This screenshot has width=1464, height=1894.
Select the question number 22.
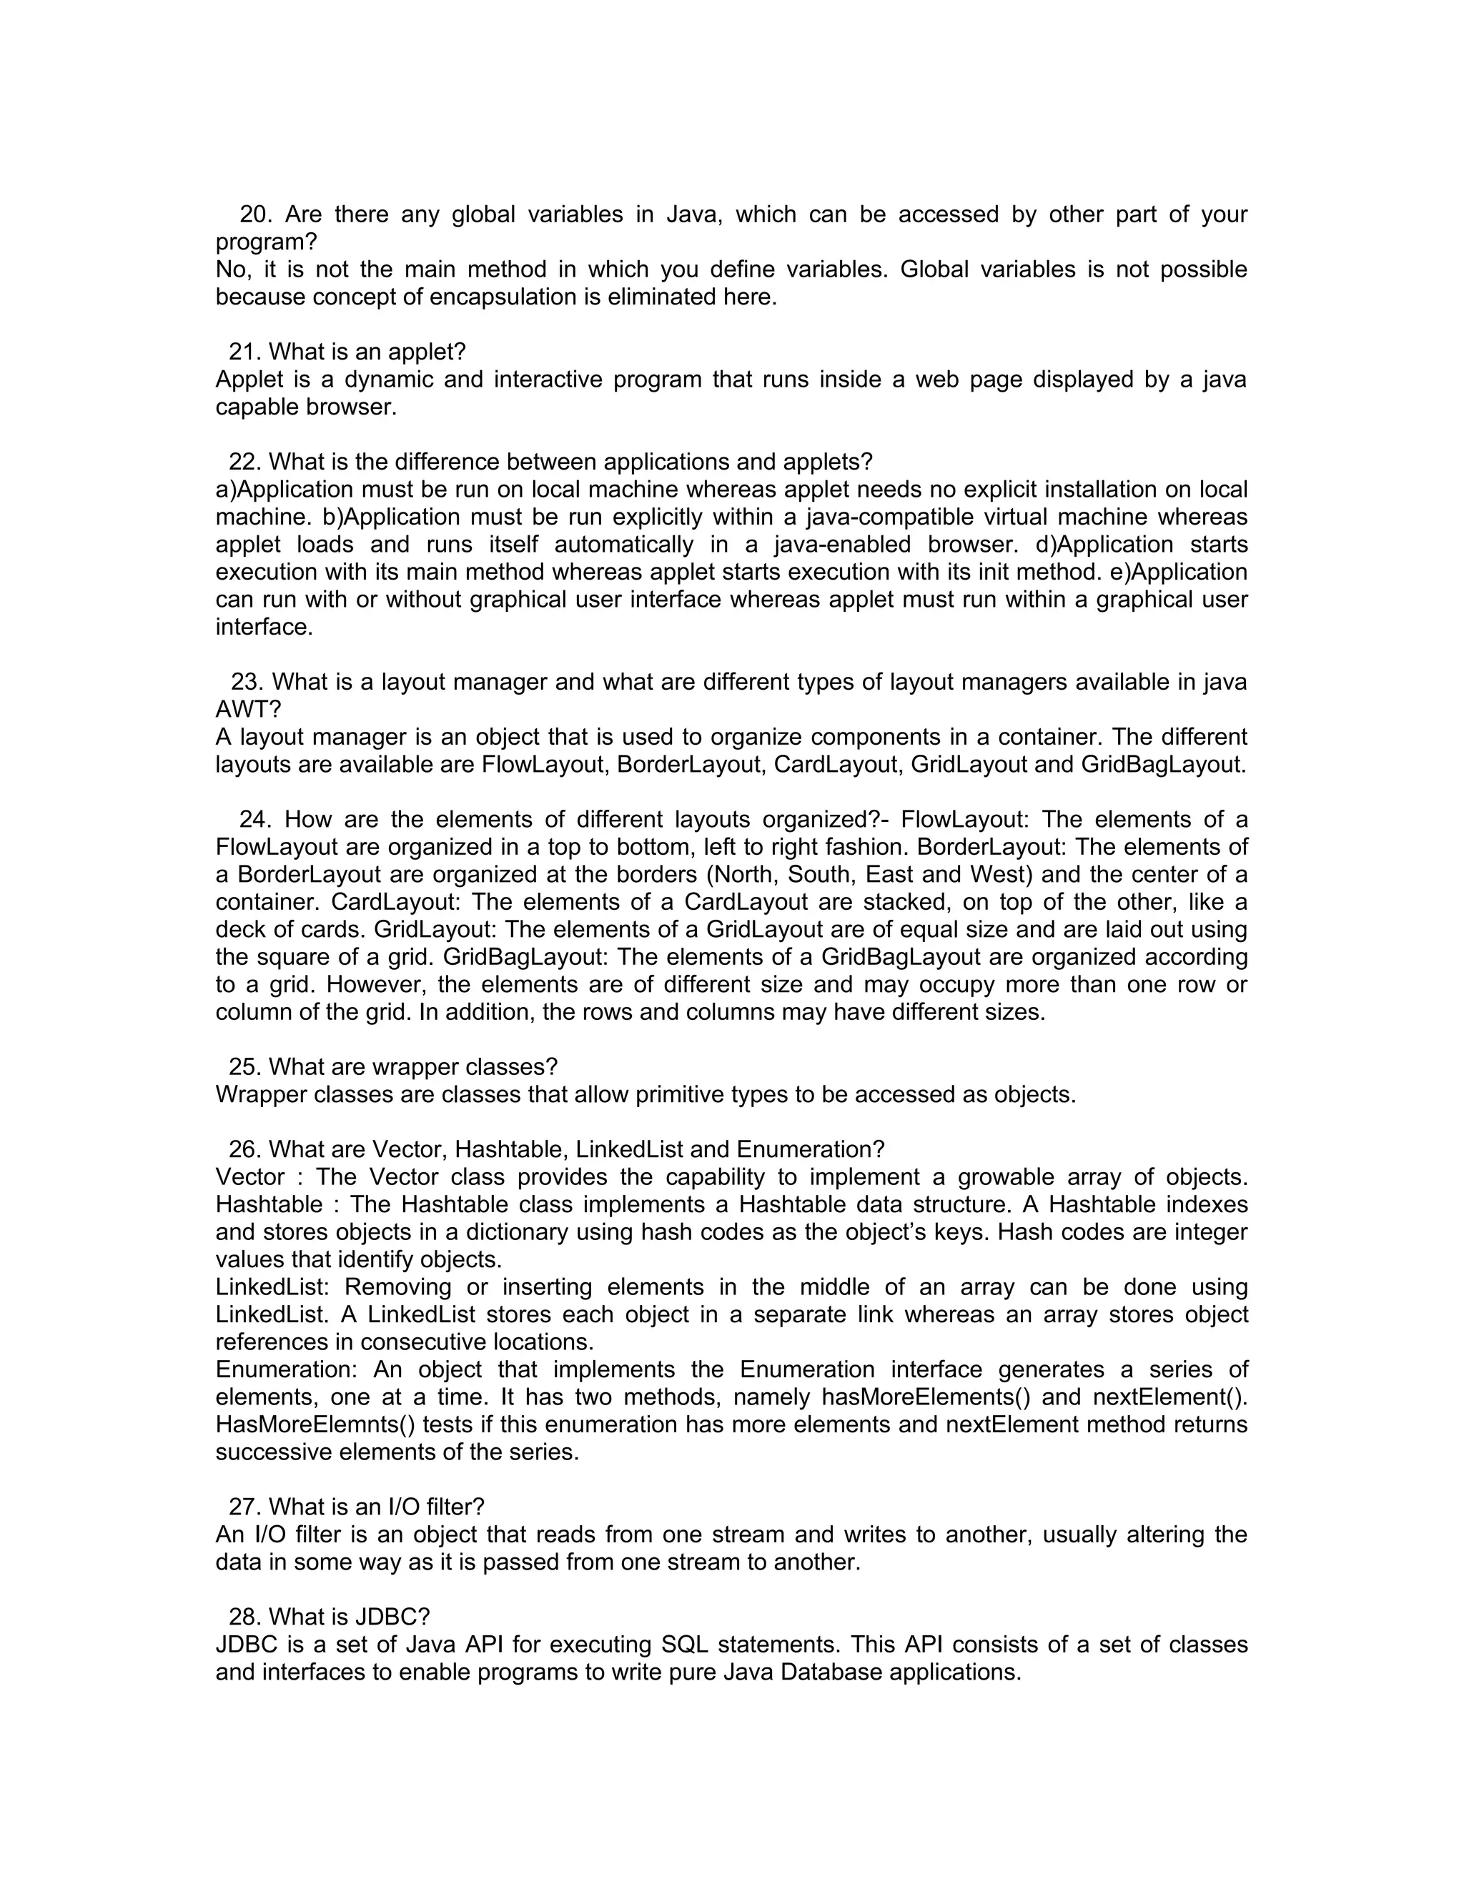click(x=244, y=462)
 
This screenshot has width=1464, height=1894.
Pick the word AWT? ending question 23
click(x=248, y=710)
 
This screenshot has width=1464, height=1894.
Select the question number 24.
click(x=255, y=820)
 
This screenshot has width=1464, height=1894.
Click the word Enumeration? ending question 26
click(x=810, y=1150)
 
